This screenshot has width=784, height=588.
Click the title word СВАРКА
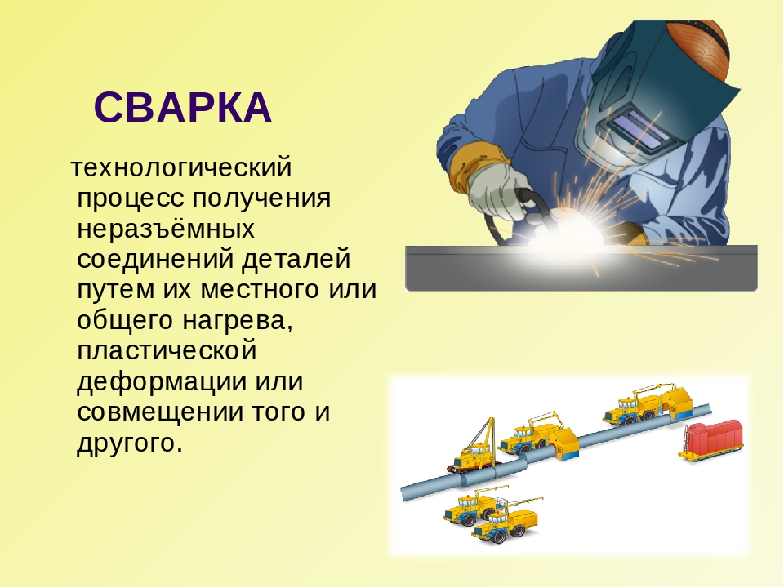(182, 108)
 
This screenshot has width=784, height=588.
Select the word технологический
(181, 168)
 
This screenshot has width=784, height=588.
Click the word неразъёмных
(166, 229)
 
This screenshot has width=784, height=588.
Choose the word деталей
(296, 260)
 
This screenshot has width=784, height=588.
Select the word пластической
(167, 350)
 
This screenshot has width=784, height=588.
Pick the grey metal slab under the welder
(581, 269)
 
